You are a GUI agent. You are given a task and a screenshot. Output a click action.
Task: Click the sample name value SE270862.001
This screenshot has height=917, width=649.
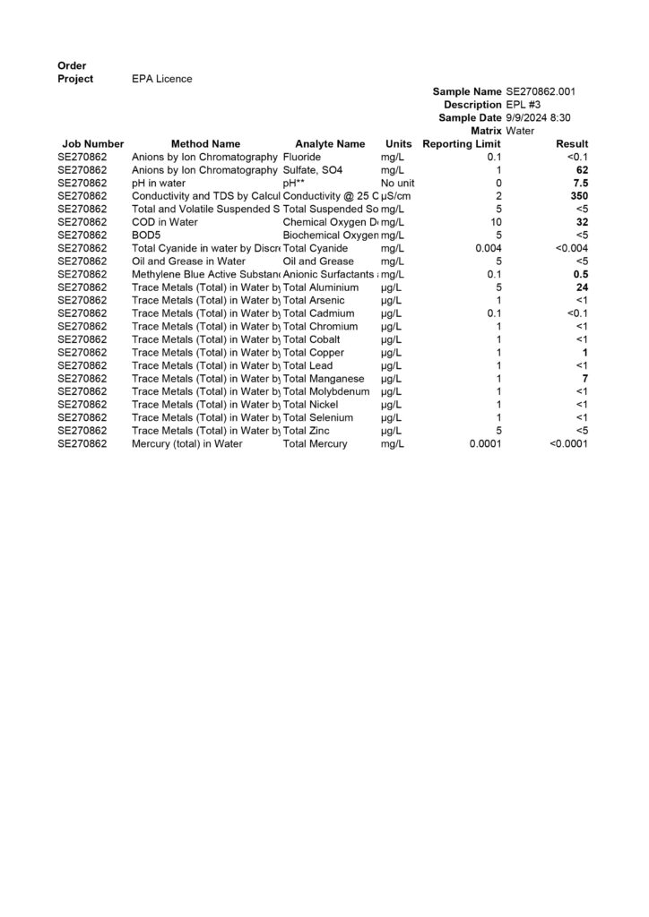point(541,91)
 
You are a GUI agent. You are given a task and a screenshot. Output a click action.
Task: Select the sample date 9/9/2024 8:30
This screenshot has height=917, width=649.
point(539,117)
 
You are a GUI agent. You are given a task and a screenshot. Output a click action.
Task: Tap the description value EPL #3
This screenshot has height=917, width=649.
point(524,105)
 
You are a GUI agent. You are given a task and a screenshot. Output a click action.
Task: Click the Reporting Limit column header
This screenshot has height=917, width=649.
point(461,143)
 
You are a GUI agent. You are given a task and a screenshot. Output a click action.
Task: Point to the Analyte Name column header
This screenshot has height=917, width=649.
point(330,143)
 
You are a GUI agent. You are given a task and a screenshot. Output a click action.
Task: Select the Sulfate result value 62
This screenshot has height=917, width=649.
point(582,169)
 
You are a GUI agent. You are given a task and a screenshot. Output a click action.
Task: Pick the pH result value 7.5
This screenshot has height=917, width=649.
point(581,183)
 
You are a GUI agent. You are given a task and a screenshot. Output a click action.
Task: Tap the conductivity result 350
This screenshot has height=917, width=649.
point(579,195)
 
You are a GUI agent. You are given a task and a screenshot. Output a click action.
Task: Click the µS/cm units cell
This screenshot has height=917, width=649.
point(394,195)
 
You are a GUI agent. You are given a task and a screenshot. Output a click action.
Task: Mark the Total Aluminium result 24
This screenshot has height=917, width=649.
point(582,287)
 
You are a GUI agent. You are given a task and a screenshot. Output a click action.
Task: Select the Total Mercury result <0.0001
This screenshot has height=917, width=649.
point(568,443)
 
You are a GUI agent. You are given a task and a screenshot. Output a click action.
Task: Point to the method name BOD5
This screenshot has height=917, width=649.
point(146,235)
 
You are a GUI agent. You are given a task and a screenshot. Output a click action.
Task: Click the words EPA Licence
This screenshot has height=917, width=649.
point(161,79)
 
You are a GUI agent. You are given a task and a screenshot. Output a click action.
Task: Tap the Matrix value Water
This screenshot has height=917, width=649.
point(520,131)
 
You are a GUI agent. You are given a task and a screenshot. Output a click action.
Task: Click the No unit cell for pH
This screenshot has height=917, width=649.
point(397,183)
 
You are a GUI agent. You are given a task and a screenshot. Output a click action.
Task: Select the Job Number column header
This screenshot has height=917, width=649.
point(93,143)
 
